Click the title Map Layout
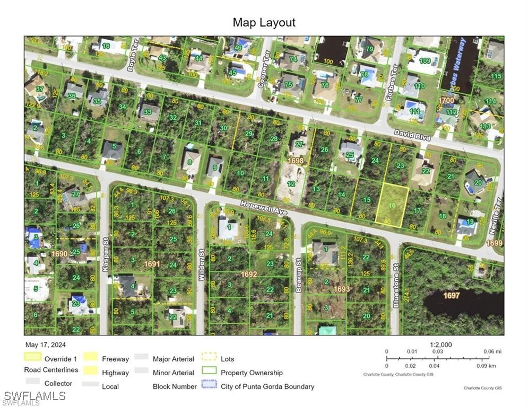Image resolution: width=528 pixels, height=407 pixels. (x=264, y=23)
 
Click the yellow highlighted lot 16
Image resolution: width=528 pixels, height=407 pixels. (x=392, y=206)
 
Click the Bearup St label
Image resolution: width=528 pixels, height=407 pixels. (x=299, y=278)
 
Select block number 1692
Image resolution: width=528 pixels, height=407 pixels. (x=249, y=275)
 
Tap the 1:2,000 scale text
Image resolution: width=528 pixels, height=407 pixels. (x=440, y=344)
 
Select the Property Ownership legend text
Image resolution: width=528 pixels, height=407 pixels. (x=252, y=373)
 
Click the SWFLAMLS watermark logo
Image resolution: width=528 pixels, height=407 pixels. (x=34, y=396)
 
